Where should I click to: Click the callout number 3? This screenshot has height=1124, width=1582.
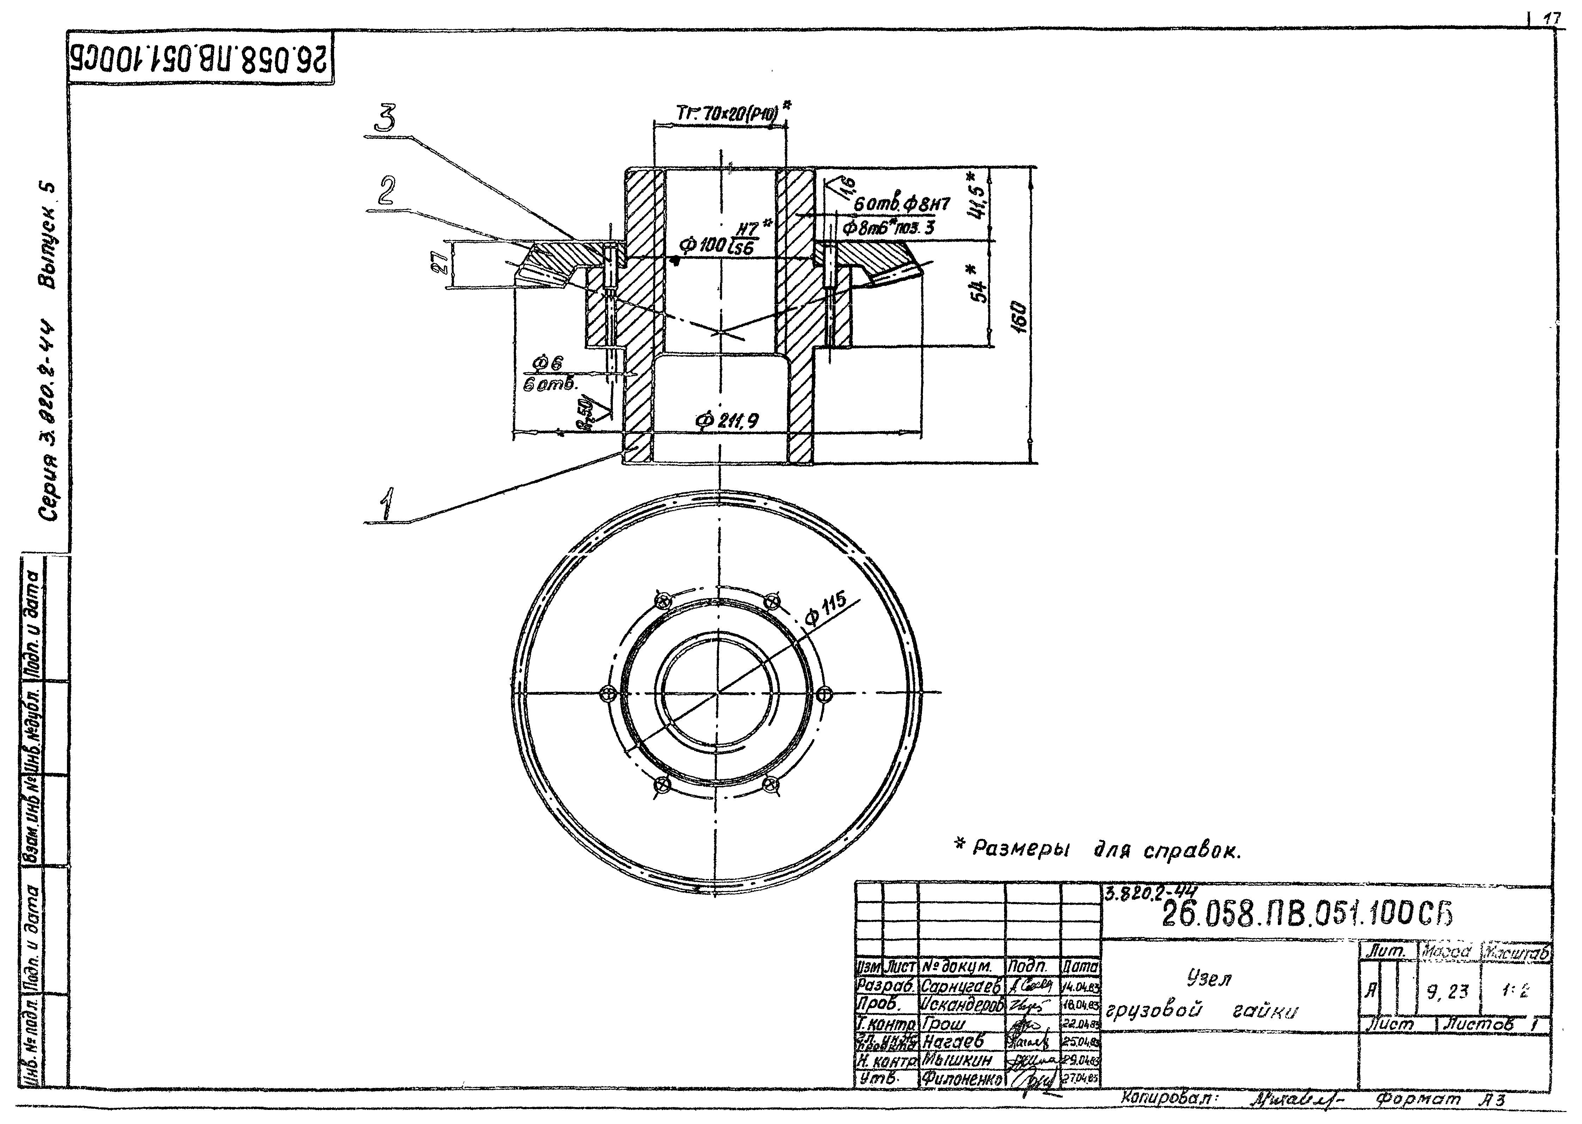[385, 119]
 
